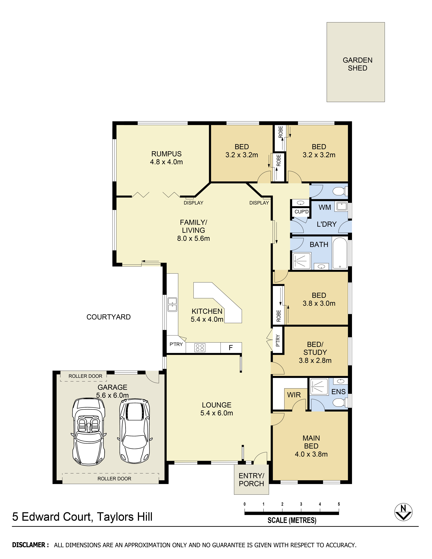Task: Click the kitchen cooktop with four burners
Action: [x=200, y=348]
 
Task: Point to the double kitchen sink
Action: [x=172, y=304]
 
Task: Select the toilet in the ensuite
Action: [x=340, y=402]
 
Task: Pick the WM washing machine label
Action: [x=325, y=207]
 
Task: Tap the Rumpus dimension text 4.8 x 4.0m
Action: [x=166, y=162]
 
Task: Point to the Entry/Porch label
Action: [x=251, y=480]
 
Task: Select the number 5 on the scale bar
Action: [x=339, y=504]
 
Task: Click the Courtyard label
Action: [x=109, y=317]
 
